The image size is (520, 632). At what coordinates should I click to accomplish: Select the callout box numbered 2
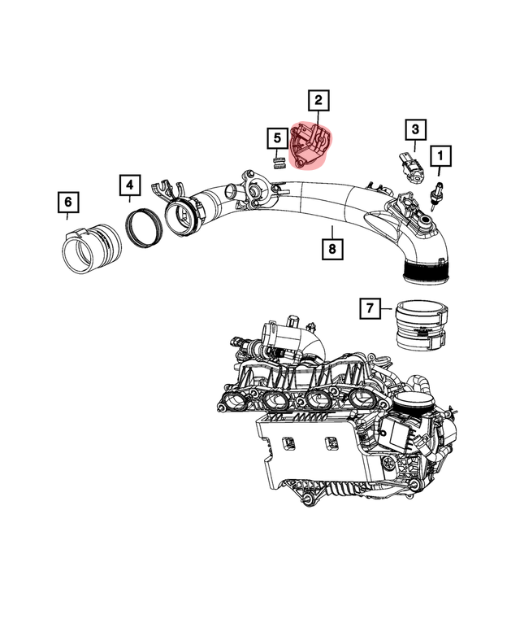coord(318,101)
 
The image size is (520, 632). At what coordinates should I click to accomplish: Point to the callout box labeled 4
coord(129,187)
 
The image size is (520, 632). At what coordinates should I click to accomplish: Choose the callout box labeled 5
coord(275,139)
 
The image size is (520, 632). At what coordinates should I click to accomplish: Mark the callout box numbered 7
coord(370,308)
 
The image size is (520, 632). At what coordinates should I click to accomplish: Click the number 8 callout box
coord(331,248)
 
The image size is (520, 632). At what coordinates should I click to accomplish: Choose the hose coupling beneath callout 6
coord(90,245)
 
